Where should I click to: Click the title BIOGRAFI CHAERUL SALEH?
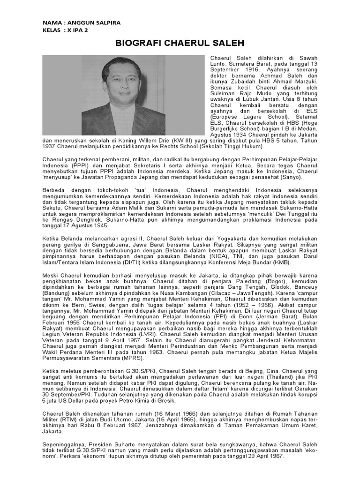pos(180,44)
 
